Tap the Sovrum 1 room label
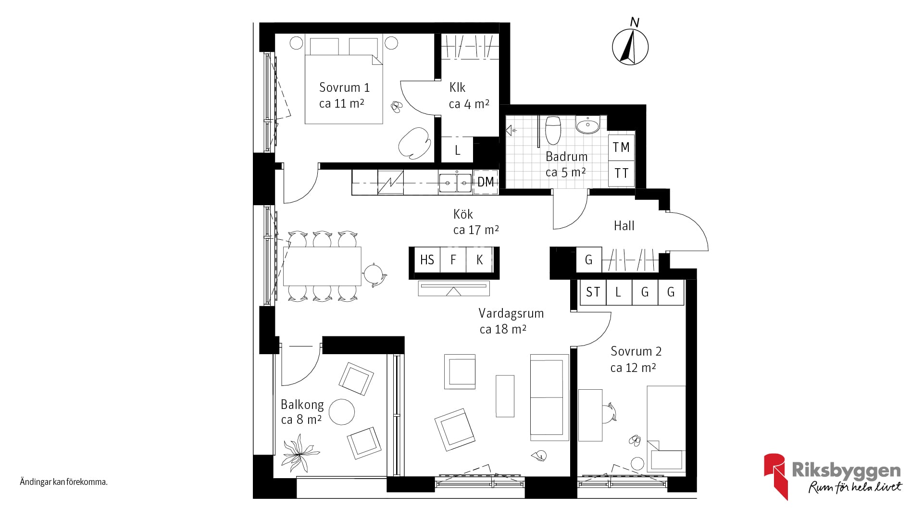click(344, 87)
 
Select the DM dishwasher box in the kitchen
click(486, 182)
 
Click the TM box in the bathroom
click(621, 148)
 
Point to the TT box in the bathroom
click(621, 173)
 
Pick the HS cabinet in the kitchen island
click(427, 260)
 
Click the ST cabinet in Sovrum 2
click(593, 292)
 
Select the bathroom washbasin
click(587, 125)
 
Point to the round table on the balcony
click(341, 412)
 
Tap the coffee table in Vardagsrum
click(505, 396)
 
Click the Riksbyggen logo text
click(846, 470)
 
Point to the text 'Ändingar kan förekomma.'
click(63, 482)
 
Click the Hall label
click(624, 226)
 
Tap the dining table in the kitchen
click(322, 266)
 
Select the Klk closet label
click(457, 87)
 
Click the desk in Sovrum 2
click(590, 415)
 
